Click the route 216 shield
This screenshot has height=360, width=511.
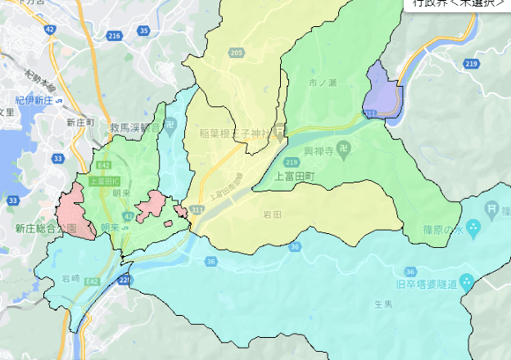(114, 36)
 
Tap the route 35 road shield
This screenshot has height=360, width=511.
(144, 31)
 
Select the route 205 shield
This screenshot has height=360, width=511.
(237, 53)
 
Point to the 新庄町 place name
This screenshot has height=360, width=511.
(81, 122)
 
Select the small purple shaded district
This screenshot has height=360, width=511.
(382, 95)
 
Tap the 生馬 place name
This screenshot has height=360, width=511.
(383, 304)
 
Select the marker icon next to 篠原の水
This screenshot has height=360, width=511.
(473, 226)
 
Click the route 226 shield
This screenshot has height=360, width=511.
(124, 280)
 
